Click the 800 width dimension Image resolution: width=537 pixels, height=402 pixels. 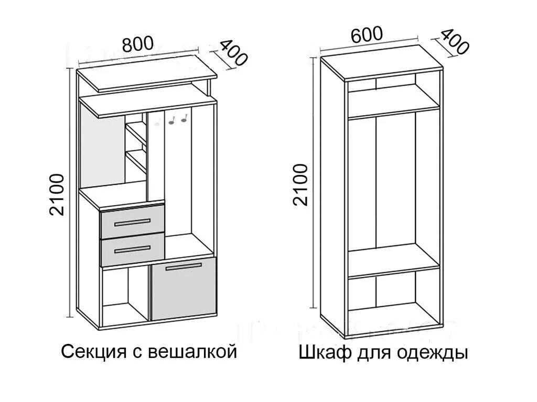(138, 43)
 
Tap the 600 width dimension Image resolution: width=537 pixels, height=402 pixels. (367, 35)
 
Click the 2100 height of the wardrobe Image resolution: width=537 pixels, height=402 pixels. (300, 185)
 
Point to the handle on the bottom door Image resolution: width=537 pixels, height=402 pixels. (184, 267)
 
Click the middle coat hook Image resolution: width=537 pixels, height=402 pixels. (171, 121)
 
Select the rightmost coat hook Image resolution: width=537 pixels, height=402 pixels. (184, 120)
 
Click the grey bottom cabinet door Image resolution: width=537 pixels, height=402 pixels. (184, 291)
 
